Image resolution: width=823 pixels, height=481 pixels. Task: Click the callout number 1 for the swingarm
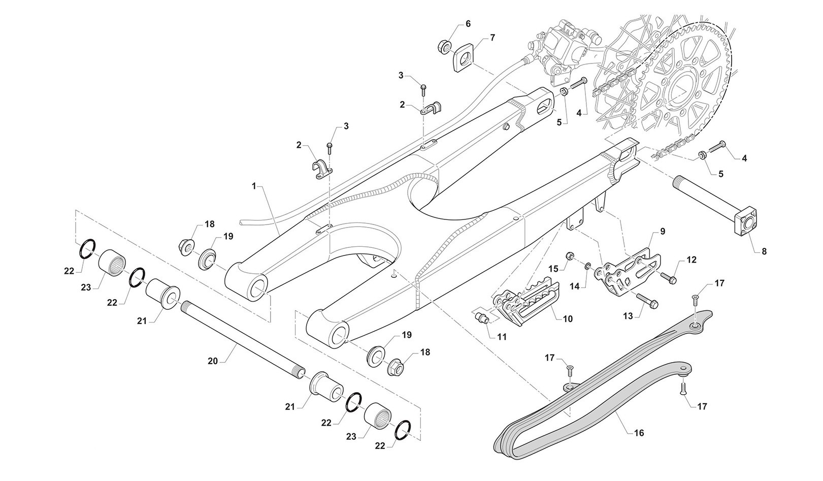coord(254,186)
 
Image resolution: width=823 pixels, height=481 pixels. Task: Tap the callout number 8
coord(764,251)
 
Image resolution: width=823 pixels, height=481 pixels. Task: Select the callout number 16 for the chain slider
coord(639,433)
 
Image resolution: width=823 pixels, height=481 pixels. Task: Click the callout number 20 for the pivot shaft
coord(212,361)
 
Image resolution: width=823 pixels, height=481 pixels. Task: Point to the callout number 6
coord(468,24)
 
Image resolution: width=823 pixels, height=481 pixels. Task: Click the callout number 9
coord(662,231)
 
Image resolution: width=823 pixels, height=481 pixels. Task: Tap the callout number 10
coord(568,319)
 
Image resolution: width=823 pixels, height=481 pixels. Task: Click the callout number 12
coord(692,260)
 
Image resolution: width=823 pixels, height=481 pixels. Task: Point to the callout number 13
coord(628,316)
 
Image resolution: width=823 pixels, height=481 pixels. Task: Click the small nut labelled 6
coord(444,47)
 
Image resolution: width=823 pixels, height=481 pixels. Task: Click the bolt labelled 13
coord(645,300)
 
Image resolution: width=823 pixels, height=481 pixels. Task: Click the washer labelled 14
coord(587,266)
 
